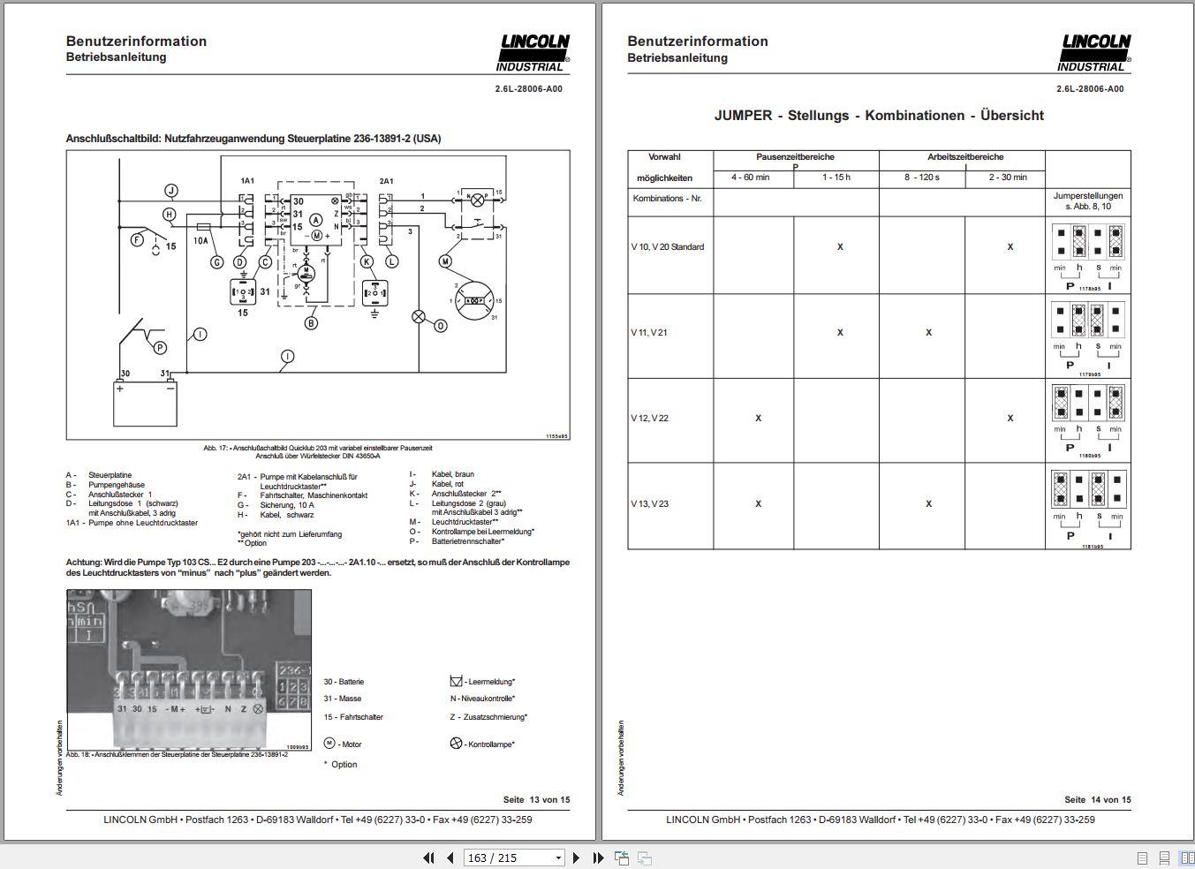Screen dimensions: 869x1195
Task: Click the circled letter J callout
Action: (x=171, y=191)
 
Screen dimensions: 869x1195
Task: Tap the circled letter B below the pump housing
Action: (x=311, y=323)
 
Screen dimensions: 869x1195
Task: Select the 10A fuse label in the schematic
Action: (x=200, y=240)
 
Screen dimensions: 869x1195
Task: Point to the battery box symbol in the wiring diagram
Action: (x=145, y=403)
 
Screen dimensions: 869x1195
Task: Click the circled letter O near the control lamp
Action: (x=440, y=326)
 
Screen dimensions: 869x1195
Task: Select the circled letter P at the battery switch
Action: (x=160, y=348)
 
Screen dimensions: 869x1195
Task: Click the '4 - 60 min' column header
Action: (x=751, y=178)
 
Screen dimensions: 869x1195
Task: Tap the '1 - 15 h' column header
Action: (x=836, y=178)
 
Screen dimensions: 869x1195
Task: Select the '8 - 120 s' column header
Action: (x=921, y=178)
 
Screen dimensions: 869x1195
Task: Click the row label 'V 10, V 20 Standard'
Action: (x=668, y=247)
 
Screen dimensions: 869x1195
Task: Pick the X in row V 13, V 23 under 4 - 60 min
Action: (x=758, y=504)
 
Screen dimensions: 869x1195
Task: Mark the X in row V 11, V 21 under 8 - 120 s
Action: (x=928, y=333)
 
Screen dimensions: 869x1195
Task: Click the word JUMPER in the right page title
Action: (x=743, y=116)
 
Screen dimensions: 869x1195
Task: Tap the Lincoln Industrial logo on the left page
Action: (x=533, y=53)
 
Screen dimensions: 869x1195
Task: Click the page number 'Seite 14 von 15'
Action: (x=1097, y=799)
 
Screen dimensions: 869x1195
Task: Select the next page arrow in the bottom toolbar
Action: (x=576, y=858)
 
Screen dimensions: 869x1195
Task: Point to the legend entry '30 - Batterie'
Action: (x=344, y=682)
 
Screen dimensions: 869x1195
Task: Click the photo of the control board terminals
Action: (x=189, y=669)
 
